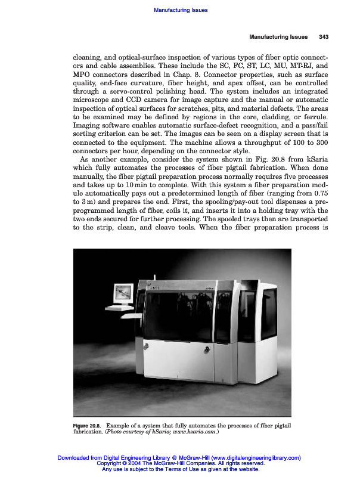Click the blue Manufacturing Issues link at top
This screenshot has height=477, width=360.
[180, 10]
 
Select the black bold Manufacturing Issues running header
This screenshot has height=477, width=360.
[278, 37]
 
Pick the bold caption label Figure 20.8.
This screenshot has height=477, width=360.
[86, 425]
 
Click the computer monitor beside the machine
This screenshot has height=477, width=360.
[123, 294]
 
